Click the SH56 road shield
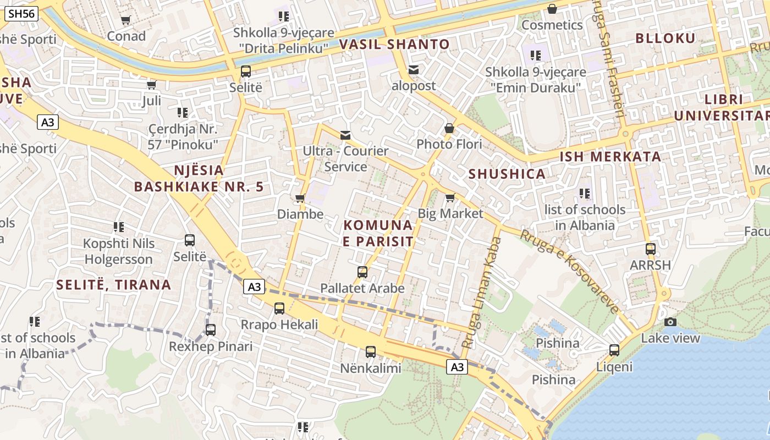21,14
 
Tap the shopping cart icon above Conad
126,20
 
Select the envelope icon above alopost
414,70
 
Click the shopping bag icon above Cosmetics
552,9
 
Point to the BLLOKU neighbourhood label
665,38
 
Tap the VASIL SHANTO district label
394,44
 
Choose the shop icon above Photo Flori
449,128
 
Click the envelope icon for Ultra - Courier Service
345,135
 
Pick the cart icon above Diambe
300,198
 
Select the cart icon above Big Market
450,197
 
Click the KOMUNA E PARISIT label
378,233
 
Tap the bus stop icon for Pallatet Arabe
362,272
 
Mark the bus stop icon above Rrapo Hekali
279,308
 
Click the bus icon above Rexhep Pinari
211,330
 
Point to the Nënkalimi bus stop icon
371,351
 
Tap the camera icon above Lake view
670,322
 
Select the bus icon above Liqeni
614,350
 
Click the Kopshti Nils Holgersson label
118,251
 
